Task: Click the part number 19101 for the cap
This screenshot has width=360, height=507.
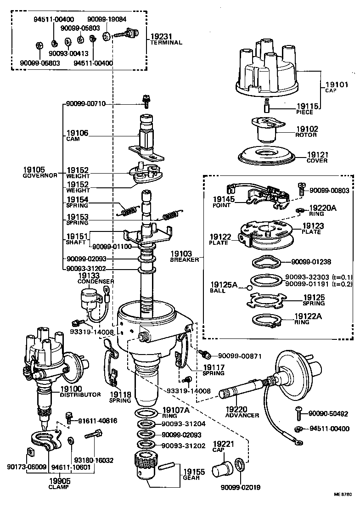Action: [337, 84]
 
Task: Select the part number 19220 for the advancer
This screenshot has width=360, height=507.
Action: [236, 408]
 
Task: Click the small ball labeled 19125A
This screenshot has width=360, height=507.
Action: [248, 287]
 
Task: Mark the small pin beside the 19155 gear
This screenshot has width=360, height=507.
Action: [167, 469]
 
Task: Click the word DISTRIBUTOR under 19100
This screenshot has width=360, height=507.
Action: [80, 394]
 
